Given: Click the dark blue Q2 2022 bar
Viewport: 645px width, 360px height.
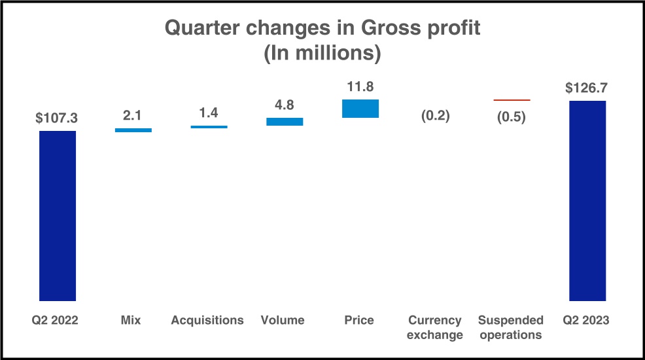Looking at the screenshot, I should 58,215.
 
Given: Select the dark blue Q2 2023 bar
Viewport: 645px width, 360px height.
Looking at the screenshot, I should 587,200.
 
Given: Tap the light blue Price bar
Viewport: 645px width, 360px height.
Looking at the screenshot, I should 360,109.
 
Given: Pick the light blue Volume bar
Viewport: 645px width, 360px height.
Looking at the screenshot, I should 285,121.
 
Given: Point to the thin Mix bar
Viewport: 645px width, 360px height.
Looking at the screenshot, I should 133,130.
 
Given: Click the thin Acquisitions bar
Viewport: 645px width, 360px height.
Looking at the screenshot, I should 209,127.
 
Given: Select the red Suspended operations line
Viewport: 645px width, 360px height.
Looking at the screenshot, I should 512,100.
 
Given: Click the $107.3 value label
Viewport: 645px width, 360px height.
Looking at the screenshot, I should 57,118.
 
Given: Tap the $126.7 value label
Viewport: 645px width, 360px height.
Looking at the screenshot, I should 587,88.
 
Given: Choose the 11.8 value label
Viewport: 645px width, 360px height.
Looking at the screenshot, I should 360,87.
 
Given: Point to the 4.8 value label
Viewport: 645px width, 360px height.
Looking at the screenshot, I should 285,105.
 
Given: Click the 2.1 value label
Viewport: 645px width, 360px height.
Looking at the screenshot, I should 133,116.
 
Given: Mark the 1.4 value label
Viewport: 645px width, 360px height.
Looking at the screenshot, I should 209,113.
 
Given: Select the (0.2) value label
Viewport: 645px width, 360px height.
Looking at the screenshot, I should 436,116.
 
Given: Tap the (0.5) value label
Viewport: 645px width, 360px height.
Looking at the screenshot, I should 512,118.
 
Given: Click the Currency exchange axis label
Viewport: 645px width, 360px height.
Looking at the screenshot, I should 436,327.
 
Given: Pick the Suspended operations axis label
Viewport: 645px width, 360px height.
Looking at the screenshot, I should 511,327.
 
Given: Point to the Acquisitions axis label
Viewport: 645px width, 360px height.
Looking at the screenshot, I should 207,320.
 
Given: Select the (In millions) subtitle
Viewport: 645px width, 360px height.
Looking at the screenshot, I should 322,53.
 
